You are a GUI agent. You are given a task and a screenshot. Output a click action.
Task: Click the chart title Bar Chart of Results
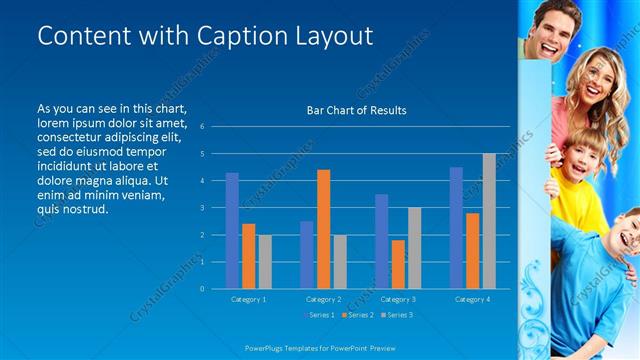pyautogui.click(x=356, y=110)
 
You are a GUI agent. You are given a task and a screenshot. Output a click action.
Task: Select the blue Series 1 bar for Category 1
pyautogui.click(x=232, y=231)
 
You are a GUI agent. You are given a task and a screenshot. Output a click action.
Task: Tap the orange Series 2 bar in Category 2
pyautogui.click(x=323, y=229)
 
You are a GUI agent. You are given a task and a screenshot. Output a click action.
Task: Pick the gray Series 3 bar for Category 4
pyautogui.click(x=489, y=221)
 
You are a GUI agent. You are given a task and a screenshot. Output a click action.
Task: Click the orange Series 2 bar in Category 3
pyautogui.click(x=398, y=264)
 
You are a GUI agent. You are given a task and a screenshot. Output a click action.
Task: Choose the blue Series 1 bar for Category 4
pyautogui.click(x=456, y=228)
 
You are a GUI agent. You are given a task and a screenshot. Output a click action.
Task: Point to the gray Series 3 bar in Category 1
pyautogui.click(x=264, y=262)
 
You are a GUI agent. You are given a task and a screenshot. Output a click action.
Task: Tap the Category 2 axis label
pyautogui.click(x=323, y=299)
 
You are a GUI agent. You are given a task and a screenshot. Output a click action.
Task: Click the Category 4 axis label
pyautogui.click(x=472, y=299)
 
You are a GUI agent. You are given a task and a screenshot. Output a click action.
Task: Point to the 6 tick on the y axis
pyautogui.click(x=202, y=127)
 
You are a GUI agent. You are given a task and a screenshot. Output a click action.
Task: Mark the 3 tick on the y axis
pyautogui.click(x=202, y=208)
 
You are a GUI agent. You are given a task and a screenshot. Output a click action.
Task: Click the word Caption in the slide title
pyautogui.click(x=212, y=36)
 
